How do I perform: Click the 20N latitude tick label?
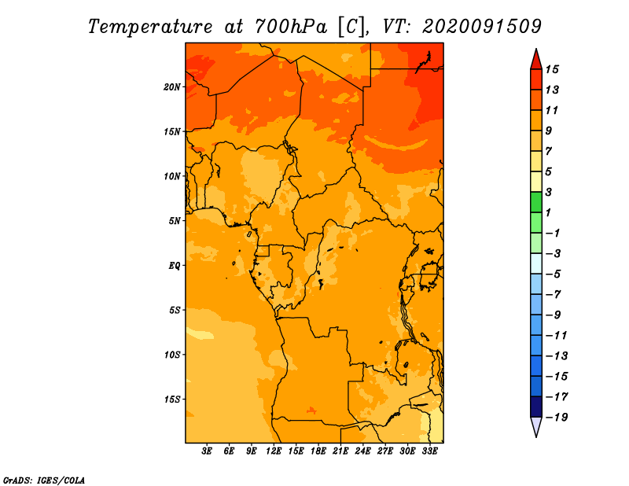[171, 87]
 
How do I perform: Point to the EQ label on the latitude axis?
[174, 266]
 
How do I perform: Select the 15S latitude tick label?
[172, 399]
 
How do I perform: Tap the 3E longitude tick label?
[207, 451]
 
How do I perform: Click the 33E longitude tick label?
[429, 451]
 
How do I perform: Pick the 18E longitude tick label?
[318, 451]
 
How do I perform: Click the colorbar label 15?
[552, 69]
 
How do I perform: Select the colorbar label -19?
[557, 418]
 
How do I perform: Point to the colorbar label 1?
[548, 212]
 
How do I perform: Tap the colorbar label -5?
[554, 274]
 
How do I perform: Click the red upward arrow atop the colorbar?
[536, 59]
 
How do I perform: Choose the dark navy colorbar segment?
[536, 407]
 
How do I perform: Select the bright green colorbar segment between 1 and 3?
[536, 202]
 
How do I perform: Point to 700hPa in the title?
[290, 27]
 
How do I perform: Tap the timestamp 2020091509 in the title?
[482, 27]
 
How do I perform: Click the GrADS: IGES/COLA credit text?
[44, 480]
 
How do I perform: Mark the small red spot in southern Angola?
[311, 411]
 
